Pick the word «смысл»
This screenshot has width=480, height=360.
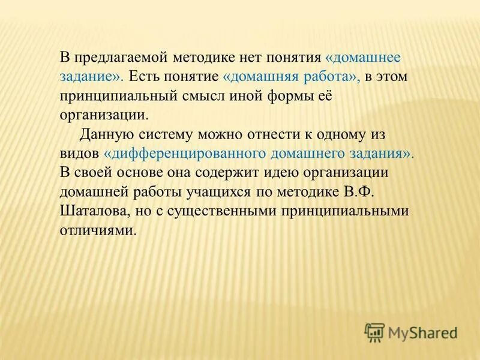[x=203, y=97]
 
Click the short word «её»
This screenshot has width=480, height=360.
[x=319, y=97]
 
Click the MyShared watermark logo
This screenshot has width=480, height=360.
[x=411, y=331]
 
